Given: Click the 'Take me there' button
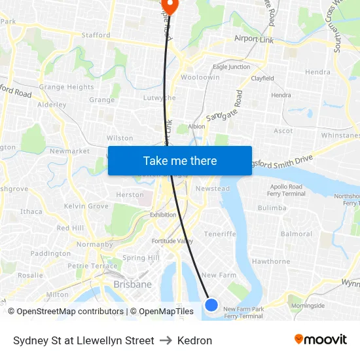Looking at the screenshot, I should click(x=179, y=160).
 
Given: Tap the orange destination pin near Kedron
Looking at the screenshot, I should click(x=170, y=7).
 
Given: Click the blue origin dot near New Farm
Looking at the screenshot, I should click(x=211, y=304).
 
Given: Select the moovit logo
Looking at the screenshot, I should click(x=321, y=340).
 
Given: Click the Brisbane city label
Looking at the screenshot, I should click(x=132, y=285).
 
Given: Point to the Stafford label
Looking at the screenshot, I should click(x=96, y=35).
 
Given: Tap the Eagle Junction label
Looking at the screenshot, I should click(x=231, y=67).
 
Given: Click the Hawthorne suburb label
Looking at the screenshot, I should click(x=270, y=261).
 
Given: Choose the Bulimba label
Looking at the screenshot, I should click(x=272, y=208).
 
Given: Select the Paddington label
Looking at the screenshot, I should click(x=50, y=253).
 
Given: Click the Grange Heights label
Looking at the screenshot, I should click(x=66, y=87).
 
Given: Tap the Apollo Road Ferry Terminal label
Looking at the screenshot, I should click(x=287, y=190).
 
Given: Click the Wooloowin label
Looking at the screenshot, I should click(x=200, y=77).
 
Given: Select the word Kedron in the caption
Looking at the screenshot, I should click(x=194, y=340).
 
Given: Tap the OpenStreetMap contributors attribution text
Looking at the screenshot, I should click(x=65, y=312).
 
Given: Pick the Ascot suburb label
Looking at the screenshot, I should click(x=283, y=131).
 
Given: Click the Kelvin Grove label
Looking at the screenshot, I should click(x=86, y=206).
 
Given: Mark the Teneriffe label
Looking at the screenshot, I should click(x=219, y=234).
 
